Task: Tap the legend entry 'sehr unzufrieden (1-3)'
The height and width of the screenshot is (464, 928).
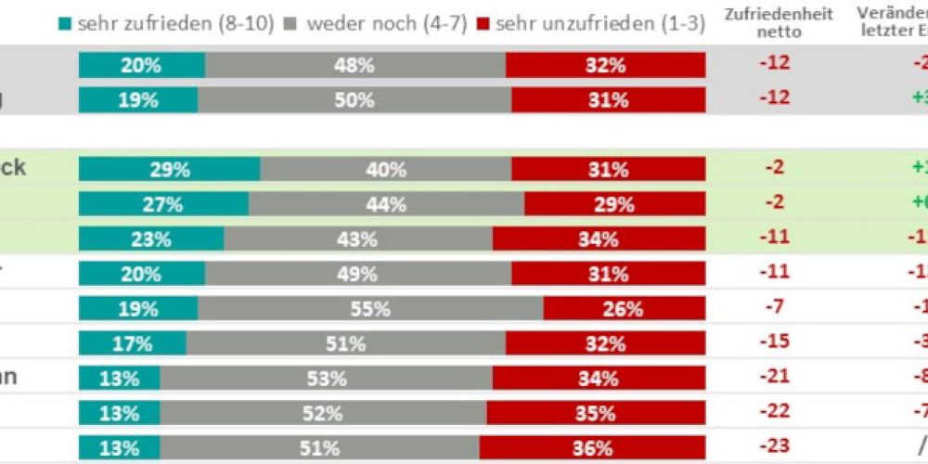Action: click(x=590, y=25)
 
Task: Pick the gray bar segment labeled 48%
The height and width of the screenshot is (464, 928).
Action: click(x=355, y=65)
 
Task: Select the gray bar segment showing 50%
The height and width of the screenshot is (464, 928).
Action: click(x=354, y=100)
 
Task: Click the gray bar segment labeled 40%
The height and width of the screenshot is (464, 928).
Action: click(x=386, y=170)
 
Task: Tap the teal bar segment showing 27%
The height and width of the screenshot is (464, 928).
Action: click(x=163, y=204)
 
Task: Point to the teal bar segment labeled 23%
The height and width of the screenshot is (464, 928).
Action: click(x=151, y=239)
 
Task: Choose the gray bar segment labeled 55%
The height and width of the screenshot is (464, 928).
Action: click(x=370, y=309)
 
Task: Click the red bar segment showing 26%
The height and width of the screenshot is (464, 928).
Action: click(x=624, y=309)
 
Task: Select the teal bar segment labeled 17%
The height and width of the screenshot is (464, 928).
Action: click(x=132, y=343)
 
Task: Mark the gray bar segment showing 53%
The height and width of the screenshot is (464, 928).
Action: click(x=326, y=379)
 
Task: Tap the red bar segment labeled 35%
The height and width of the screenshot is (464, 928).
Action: click(x=596, y=413)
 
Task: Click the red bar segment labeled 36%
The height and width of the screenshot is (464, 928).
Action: click(x=592, y=448)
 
